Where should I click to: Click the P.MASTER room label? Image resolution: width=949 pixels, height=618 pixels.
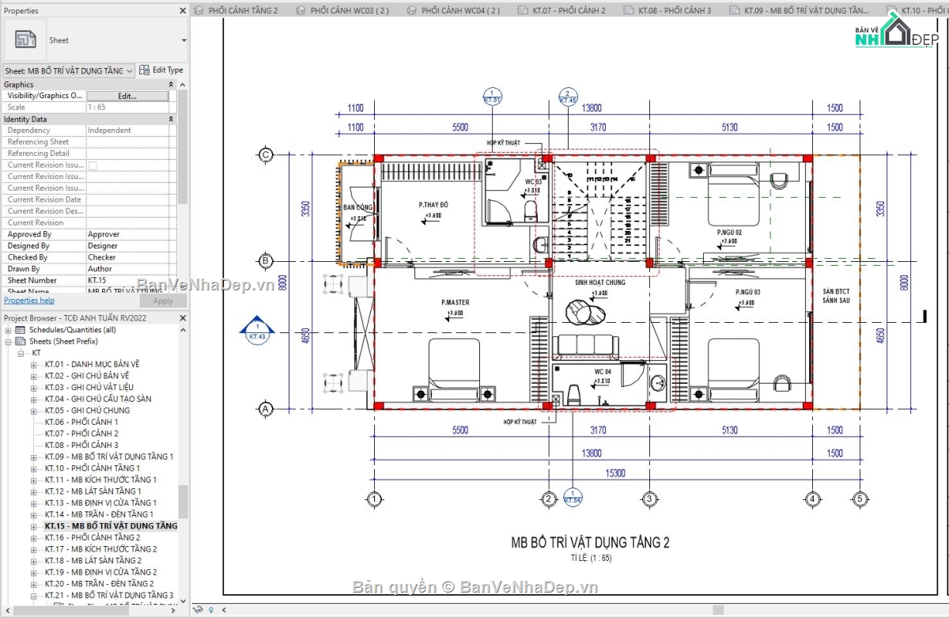tap(456, 303)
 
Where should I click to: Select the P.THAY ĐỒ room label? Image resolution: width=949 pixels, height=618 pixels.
tap(433, 204)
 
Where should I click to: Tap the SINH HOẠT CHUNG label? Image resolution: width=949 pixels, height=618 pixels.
tap(599, 282)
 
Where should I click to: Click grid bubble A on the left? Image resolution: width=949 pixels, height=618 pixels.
tap(267, 408)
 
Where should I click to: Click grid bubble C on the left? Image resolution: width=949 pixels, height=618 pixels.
tap(267, 155)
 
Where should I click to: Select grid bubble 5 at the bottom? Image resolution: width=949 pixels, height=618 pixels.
tap(859, 499)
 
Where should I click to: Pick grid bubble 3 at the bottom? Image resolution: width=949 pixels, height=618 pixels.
tap(648, 499)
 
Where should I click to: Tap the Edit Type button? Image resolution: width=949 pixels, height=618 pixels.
tap(161, 70)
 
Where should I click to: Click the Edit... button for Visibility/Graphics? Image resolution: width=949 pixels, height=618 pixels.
tap(127, 96)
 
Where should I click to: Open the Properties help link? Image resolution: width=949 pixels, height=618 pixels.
tap(29, 301)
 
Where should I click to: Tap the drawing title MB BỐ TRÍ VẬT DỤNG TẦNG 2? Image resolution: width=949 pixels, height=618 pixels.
tap(590, 543)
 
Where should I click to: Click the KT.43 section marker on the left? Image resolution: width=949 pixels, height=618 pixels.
tap(255, 332)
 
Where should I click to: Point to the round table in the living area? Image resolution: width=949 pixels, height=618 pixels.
tap(589, 314)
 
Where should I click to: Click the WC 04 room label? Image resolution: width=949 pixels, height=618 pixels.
tap(603, 371)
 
